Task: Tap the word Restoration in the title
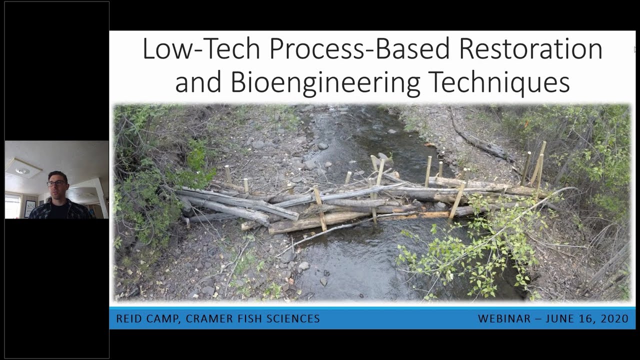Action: coord(530,49)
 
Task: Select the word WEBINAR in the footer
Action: coord(504,319)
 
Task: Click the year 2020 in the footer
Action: coord(614,319)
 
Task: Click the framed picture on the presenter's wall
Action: coord(30,208)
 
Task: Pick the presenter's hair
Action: coord(58,175)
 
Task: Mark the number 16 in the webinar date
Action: coord(586,319)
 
